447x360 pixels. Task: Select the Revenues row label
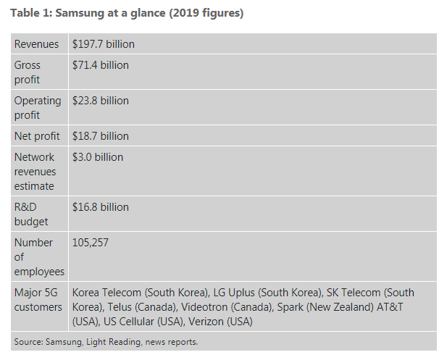click(x=38, y=44)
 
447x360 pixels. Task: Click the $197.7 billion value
click(x=104, y=44)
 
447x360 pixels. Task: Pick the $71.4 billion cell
click(x=101, y=65)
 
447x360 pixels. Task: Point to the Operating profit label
click(x=38, y=108)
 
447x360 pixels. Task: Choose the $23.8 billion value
click(x=101, y=101)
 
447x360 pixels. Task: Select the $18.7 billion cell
click(x=101, y=136)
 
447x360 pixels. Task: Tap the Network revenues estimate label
click(x=35, y=171)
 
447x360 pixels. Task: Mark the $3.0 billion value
click(x=98, y=157)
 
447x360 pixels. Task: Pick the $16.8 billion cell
click(x=101, y=207)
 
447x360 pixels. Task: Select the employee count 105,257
click(x=91, y=243)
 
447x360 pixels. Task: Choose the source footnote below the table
click(x=106, y=341)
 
